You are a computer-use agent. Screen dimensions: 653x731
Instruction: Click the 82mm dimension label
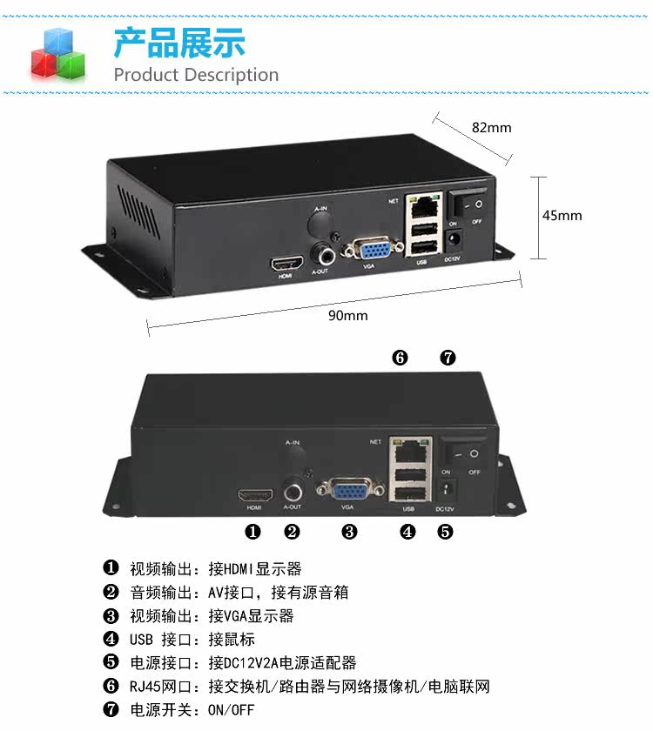tap(491, 127)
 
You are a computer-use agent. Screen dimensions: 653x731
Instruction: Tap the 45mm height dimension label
tap(562, 216)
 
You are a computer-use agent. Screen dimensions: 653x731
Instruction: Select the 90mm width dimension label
tap(348, 316)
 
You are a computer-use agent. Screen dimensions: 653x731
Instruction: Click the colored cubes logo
tap(58, 54)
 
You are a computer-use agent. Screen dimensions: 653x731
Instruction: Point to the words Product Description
tap(196, 75)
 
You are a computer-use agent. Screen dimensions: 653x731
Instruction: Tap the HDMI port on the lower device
tap(256, 494)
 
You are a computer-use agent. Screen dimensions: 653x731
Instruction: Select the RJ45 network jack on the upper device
tap(423, 205)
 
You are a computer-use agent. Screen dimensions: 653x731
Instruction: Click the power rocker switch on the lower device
tap(465, 453)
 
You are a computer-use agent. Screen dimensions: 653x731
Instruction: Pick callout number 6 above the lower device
tap(400, 358)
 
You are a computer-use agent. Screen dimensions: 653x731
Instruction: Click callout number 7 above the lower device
tap(448, 358)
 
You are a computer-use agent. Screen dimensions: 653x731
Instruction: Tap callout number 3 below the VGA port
tap(349, 532)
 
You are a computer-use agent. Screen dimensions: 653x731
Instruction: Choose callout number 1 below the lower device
tap(252, 532)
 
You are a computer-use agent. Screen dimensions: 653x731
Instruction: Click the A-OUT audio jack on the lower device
tap(293, 492)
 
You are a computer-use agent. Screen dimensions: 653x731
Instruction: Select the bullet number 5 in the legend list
tap(111, 662)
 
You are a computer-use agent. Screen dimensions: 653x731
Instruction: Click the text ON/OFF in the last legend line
tap(232, 710)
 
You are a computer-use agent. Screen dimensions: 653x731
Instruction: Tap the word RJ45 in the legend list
tap(145, 687)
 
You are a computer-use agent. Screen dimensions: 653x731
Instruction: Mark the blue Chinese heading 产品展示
tap(179, 43)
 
